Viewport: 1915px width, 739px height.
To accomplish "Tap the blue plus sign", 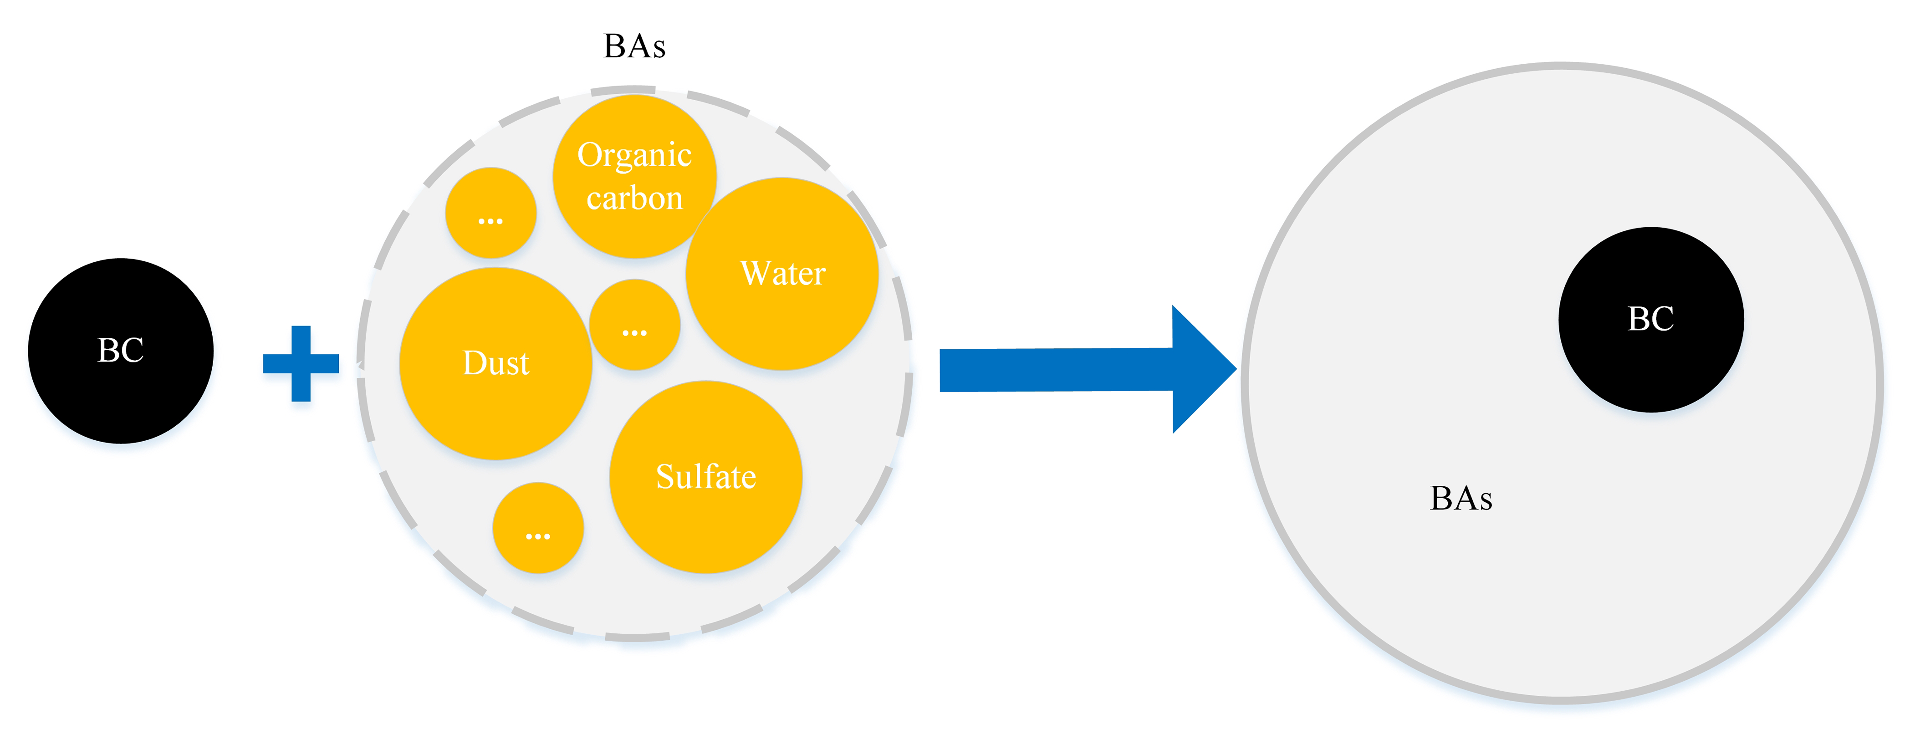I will [x=301, y=363].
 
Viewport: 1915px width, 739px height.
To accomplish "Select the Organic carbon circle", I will [x=634, y=176].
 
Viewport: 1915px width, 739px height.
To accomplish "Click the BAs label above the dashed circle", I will [x=634, y=46].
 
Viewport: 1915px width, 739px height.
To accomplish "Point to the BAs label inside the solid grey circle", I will [x=1461, y=498].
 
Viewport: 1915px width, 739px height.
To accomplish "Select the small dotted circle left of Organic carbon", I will [x=490, y=213].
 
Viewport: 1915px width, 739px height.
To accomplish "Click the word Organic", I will [x=634, y=155].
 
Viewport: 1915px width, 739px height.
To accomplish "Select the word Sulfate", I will [x=705, y=477].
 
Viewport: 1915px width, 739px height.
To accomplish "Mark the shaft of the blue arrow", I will [x=1056, y=370].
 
